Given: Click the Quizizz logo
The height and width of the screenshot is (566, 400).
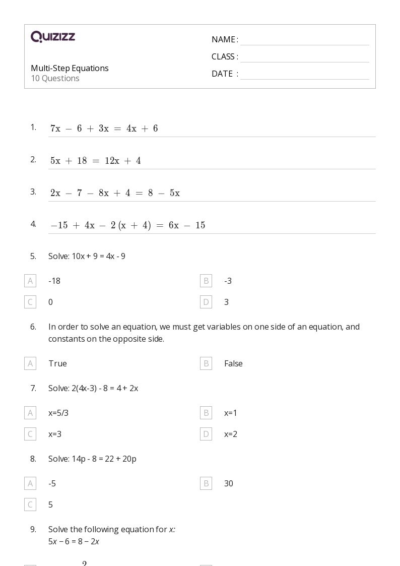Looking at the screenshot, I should [x=53, y=37].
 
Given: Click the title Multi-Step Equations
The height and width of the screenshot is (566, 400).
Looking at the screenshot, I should [x=70, y=68].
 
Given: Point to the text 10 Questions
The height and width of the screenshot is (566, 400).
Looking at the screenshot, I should [x=55, y=79].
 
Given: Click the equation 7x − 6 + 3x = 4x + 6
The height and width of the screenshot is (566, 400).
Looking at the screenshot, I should [x=104, y=129].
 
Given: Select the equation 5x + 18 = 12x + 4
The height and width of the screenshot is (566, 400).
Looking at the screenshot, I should [x=95, y=161].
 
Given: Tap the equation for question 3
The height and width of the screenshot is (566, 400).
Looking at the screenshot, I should [x=115, y=193].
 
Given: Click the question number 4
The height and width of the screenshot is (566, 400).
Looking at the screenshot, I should [x=33, y=224].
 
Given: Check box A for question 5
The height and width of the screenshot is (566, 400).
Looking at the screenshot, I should [x=30, y=281].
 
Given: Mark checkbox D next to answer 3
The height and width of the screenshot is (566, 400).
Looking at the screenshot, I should [x=206, y=302].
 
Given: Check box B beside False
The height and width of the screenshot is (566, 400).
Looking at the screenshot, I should [x=206, y=363].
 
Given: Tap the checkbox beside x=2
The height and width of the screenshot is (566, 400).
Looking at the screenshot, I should [x=206, y=434].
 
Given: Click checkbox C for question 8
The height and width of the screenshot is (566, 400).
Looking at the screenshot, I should [x=30, y=505].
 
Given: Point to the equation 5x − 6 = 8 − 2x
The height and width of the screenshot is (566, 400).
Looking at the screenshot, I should [x=74, y=542].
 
